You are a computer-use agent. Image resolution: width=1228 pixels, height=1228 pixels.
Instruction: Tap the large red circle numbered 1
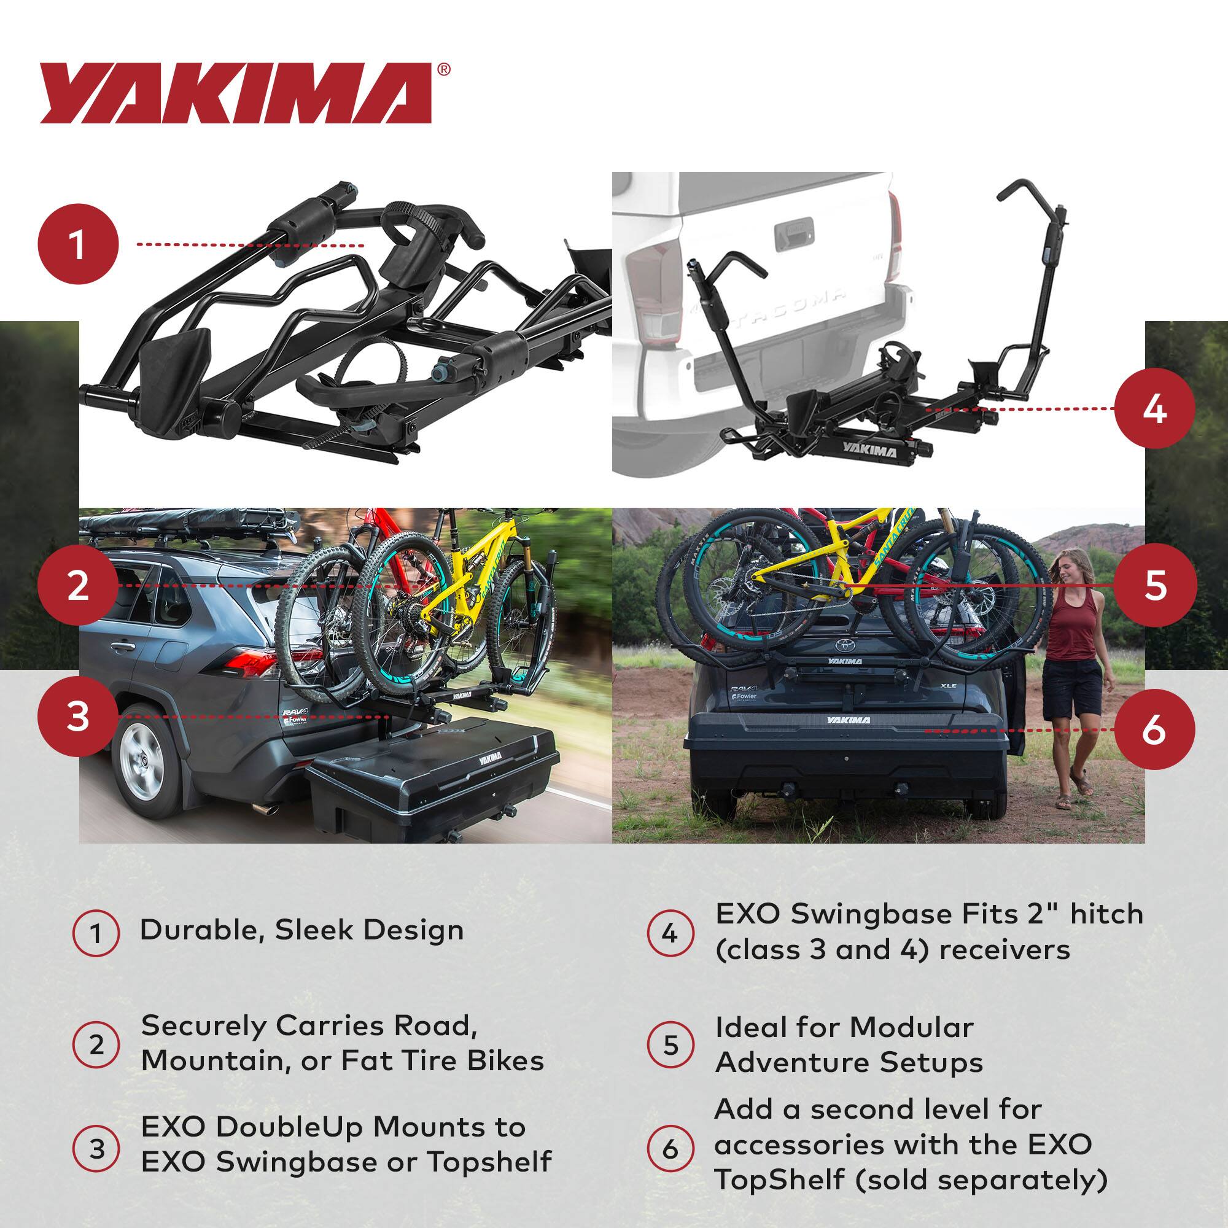[x=78, y=244]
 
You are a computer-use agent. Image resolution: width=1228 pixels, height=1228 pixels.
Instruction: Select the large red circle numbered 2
[x=78, y=585]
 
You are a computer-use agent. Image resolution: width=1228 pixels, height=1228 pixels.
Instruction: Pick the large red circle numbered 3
[x=78, y=717]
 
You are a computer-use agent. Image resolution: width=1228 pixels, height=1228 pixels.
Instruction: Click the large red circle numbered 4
[x=1154, y=409]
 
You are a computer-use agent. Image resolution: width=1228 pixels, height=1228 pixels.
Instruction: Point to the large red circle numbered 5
[x=1154, y=584]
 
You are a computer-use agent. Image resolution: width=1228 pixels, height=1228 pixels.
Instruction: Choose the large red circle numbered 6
[x=1154, y=730]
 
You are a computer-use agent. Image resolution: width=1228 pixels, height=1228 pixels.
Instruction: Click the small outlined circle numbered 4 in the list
[x=670, y=934]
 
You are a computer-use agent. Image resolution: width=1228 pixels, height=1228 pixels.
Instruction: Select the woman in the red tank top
[x=1072, y=667]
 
